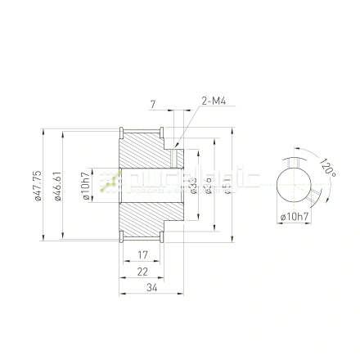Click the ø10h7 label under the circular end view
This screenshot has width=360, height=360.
295,216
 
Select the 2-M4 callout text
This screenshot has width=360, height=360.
214,101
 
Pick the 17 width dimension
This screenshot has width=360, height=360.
142,255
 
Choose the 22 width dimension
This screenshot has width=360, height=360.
142,271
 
